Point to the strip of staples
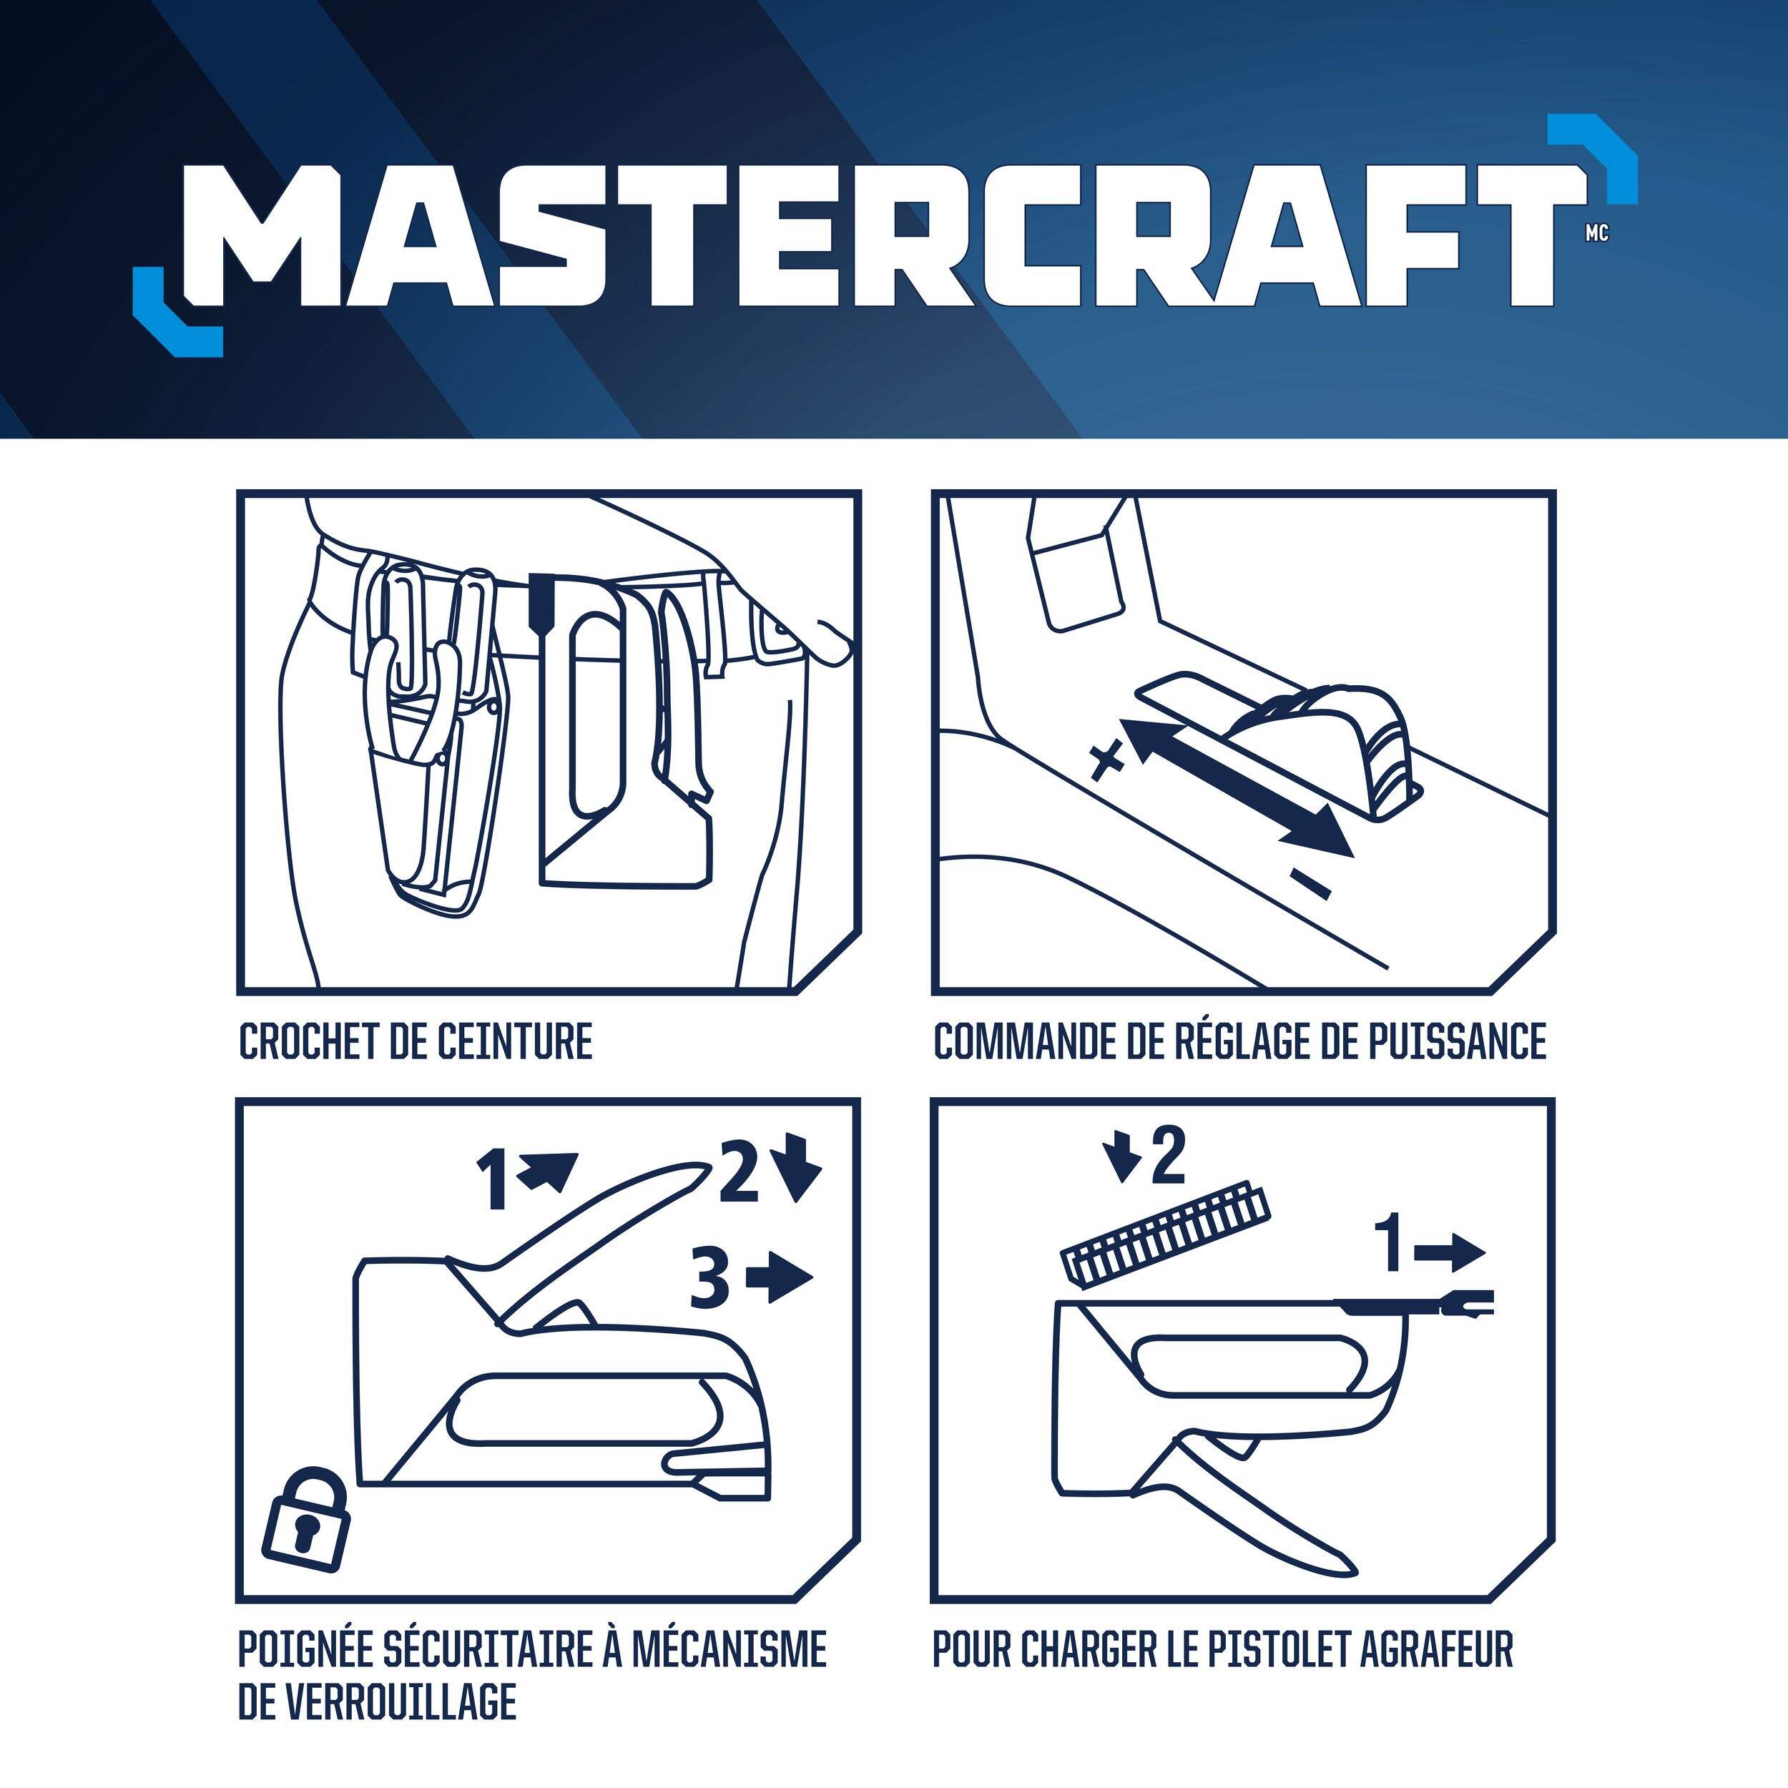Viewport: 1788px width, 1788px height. click(1165, 1230)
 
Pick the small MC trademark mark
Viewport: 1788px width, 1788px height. click(1596, 233)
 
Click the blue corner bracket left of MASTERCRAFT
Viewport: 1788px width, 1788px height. click(176, 312)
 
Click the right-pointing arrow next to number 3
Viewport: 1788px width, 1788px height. click(780, 1278)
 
